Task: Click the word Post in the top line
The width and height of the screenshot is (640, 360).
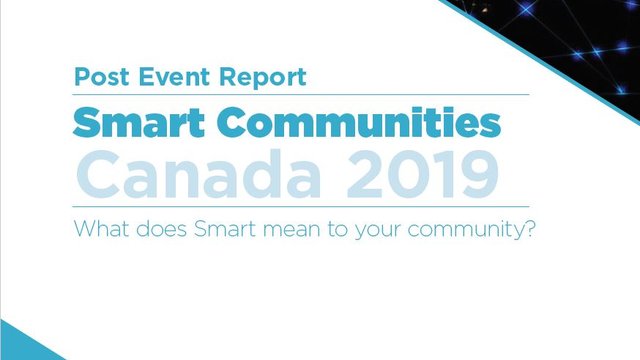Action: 99,76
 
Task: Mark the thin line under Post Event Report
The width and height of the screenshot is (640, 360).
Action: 300,95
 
